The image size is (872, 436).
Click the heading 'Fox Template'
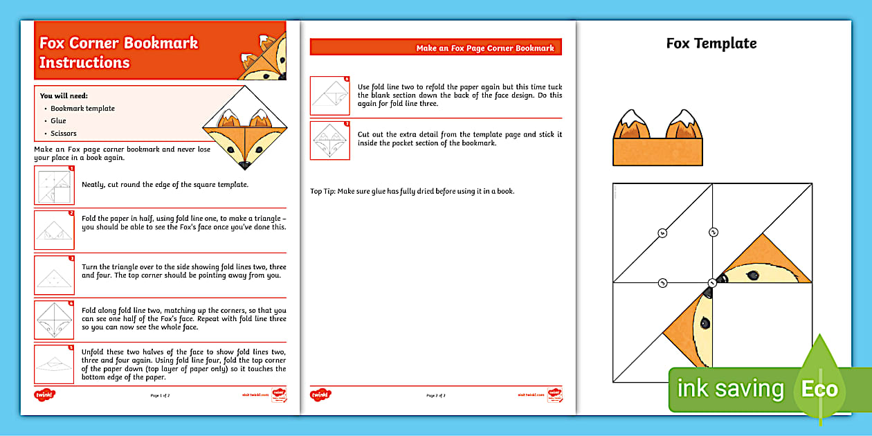coord(711,43)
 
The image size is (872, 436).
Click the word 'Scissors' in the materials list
coord(64,133)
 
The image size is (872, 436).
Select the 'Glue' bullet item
coord(58,120)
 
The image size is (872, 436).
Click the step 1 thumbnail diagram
coord(54,185)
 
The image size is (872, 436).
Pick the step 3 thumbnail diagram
coord(54,275)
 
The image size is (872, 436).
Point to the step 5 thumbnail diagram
coord(54,363)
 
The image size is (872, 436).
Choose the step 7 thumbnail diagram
coord(330,140)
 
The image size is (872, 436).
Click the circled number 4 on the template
coord(662,233)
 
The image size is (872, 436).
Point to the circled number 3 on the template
coord(662,283)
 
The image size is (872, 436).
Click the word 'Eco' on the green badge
coord(819,389)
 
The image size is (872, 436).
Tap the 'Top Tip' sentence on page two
coord(412,191)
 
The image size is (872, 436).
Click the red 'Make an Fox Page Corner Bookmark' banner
coord(436,48)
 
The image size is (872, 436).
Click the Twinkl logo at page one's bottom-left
coord(44,394)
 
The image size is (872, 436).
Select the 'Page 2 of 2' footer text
coord(436,395)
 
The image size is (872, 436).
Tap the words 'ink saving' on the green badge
coord(730,389)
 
